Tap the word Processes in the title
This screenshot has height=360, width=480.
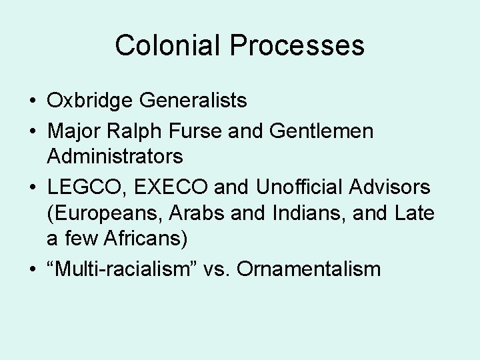point(298,45)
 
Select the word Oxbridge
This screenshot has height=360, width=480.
point(91,101)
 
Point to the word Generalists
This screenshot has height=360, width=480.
point(193,101)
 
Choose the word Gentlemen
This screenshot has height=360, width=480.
point(322,131)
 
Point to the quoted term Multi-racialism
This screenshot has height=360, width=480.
point(127,269)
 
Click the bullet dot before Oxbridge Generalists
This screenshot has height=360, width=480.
point(33,102)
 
